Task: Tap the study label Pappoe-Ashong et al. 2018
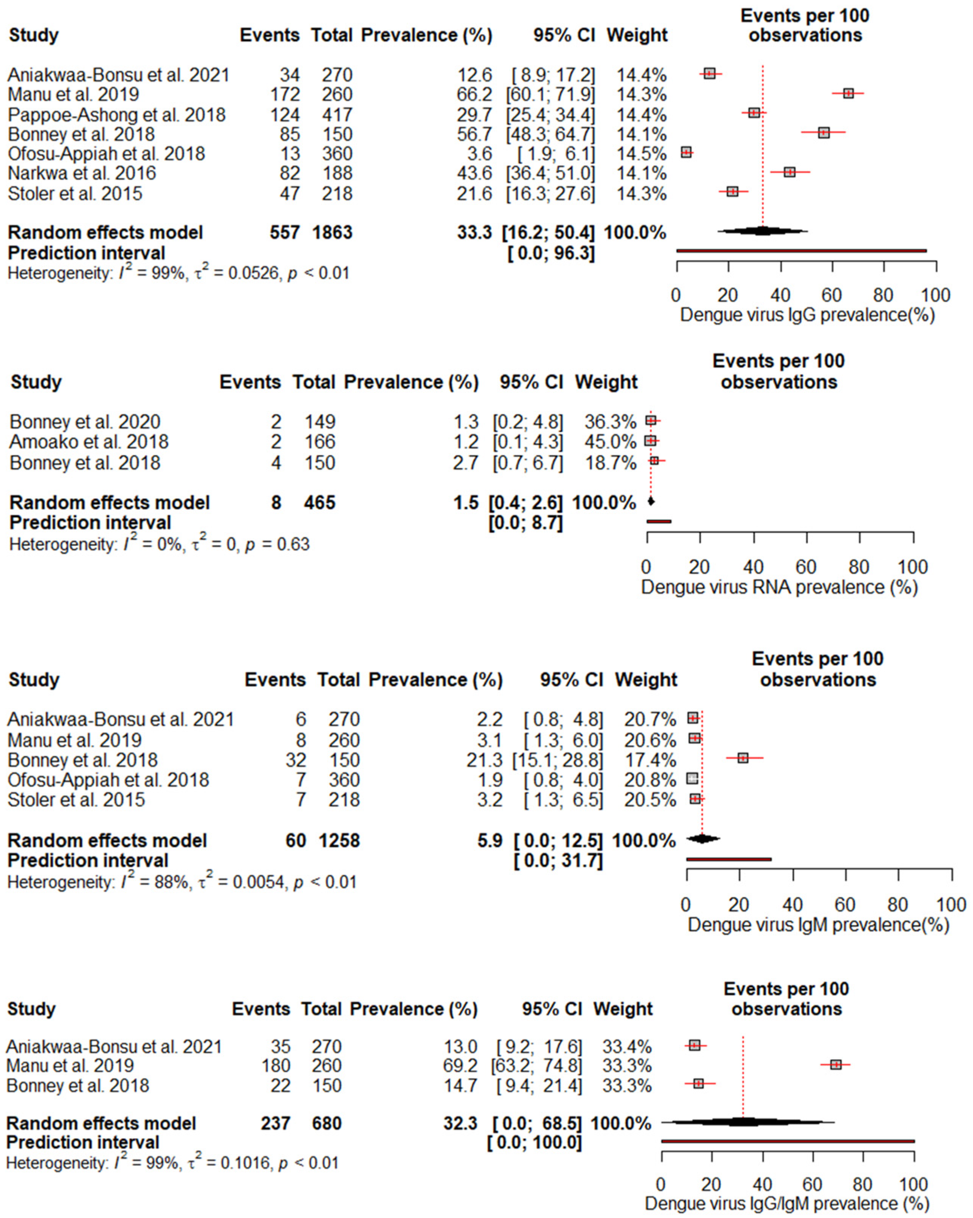coord(116,115)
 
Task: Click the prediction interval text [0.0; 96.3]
coord(551,253)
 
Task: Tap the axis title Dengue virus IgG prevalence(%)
coord(807,315)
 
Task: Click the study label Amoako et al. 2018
coord(89,442)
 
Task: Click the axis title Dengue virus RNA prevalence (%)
coord(778,588)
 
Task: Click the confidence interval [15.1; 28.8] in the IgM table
coord(557,760)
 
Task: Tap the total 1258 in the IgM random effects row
coord(339,841)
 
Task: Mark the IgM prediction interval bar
coord(728,859)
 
